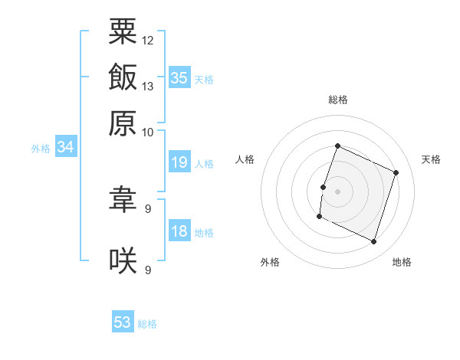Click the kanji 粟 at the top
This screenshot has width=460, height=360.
pyautogui.click(x=123, y=31)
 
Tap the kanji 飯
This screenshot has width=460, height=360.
pyautogui.click(x=123, y=77)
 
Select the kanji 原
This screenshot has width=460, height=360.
pyautogui.click(x=123, y=123)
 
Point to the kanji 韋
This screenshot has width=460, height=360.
pyautogui.click(x=123, y=199)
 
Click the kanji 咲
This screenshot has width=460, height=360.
pyautogui.click(x=123, y=260)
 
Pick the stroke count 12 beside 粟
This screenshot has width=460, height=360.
pyautogui.click(x=147, y=41)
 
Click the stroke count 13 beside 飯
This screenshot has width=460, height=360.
pyautogui.click(x=147, y=87)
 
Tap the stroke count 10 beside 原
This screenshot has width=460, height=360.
pyautogui.click(x=147, y=133)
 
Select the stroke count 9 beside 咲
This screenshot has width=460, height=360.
pyautogui.click(x=148, y=270)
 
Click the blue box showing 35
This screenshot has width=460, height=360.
pyautogui.click(x=179, y=77)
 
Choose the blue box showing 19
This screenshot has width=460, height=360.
pyautogui.click(x=179, y=162)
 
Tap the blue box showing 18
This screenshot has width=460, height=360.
pyautogui.click(x=179, y=230)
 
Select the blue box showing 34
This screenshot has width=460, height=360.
pyautogui.click(x=66, y=146)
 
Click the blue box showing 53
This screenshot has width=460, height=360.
pyautogui.click(x=123, y=321)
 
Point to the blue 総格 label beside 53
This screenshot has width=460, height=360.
pyautogui.click(x=147, y=324)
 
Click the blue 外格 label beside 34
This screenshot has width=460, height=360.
pyautogui.click(x=41, y=149)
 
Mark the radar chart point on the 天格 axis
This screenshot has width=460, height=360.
pyautogui.click(x=396, y=172)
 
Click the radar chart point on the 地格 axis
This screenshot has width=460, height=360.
pyautogui.click(x=373, y=241)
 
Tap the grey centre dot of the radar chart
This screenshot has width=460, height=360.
pyautogui.click(x=337, y=191)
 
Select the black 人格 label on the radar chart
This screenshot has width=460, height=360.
pyautogui.click(x=245, y=159)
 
